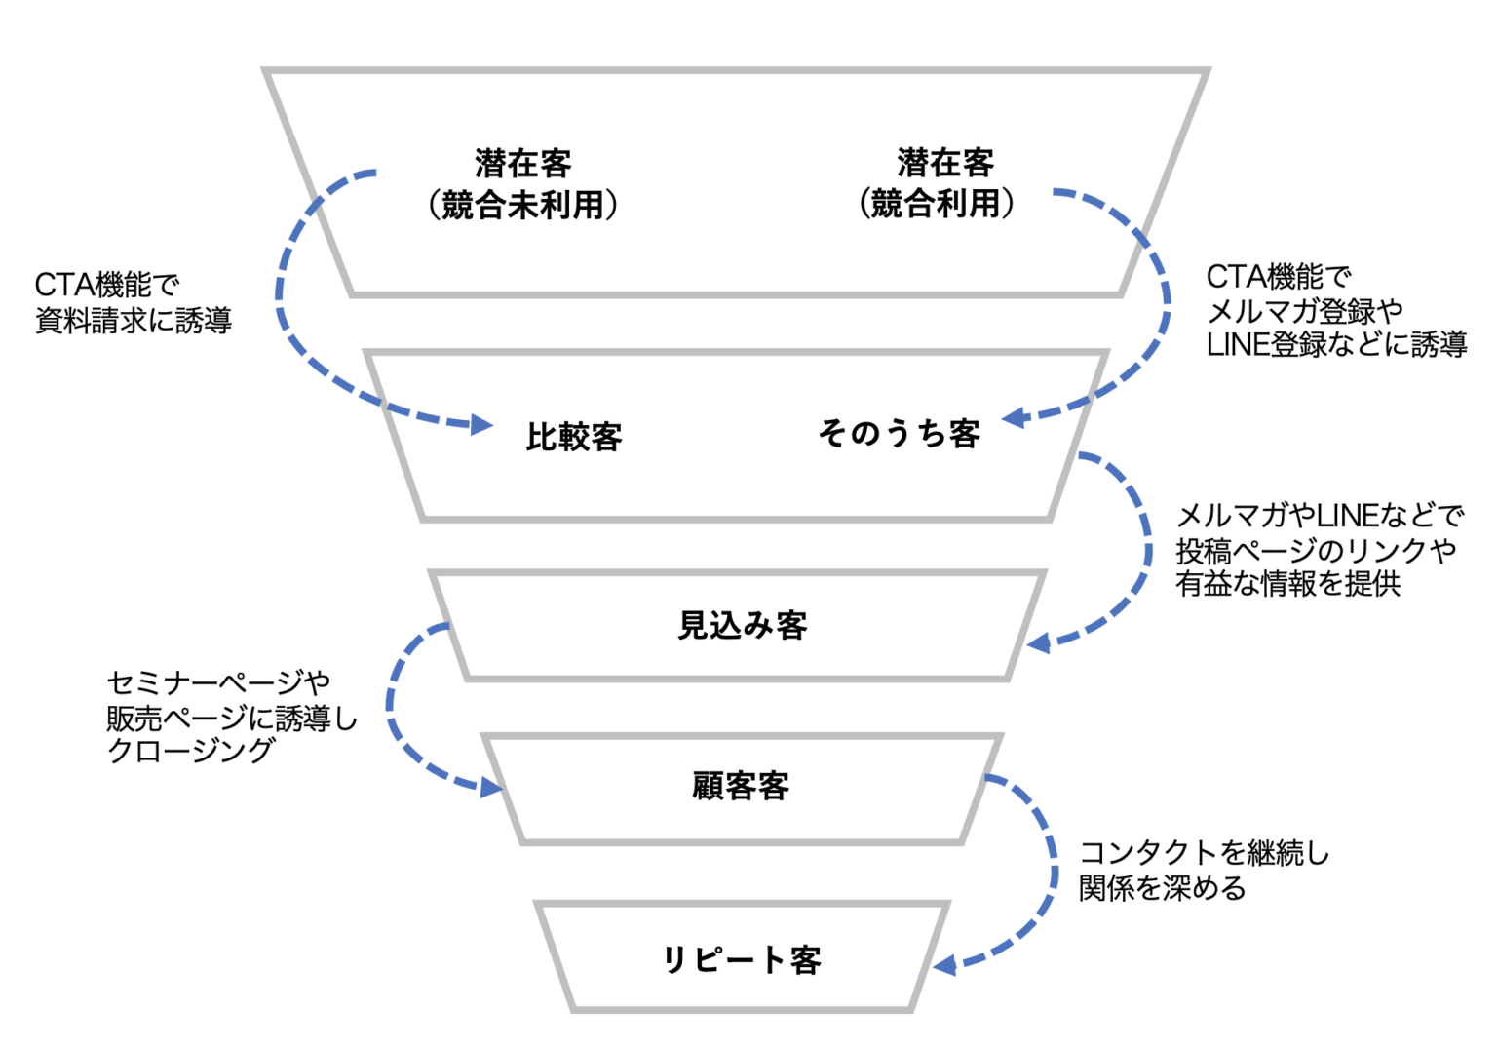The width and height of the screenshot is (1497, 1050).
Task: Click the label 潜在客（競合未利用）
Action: tap(523, 184)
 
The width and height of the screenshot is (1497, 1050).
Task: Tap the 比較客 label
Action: tap(574, 437)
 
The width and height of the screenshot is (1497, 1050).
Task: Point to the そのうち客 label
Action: tap(899, 433)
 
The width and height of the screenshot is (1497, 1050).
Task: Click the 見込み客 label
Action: tap(743, 625)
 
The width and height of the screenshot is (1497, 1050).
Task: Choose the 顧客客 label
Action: tap(741, 786)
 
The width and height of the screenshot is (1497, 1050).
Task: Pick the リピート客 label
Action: tap(742, 960)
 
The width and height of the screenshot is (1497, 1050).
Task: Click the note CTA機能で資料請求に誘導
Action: tap(133, 302)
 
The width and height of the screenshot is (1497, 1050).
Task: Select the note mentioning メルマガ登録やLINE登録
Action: tap(1335, 311)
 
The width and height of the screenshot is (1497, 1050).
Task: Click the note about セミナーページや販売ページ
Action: tap(232, 717)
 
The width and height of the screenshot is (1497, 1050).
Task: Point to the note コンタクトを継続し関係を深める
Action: tap(1204, 871)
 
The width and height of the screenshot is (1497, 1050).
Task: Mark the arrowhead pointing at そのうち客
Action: tap(1016, 417)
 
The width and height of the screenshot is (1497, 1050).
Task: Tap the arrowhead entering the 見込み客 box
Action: tap(1039, 643)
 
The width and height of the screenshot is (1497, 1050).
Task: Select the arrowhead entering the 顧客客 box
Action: tap(491, 787)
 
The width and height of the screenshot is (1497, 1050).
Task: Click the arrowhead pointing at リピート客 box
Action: tap(944, 965)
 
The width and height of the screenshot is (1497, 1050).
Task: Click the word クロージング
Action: tap(191, 751)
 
